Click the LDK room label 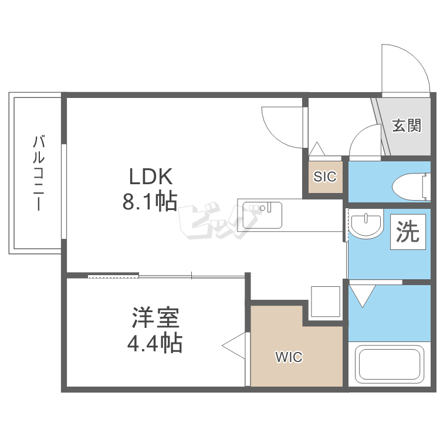tap(151, 177)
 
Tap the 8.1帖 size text tap(150, 201)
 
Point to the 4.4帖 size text tap(155, 343)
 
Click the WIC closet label tap(289, 357)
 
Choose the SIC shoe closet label tap(325, 177)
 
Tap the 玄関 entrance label tap(407, 125)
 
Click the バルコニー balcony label tap(38, 172)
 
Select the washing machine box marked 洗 tap(408, 232)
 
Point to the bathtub tap(389, 364)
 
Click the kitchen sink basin tap(262, 215)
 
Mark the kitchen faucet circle tap(262, 208)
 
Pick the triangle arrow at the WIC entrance tap(233, 346)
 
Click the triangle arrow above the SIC tap(317, 149)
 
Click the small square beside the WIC tap(326, 302)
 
